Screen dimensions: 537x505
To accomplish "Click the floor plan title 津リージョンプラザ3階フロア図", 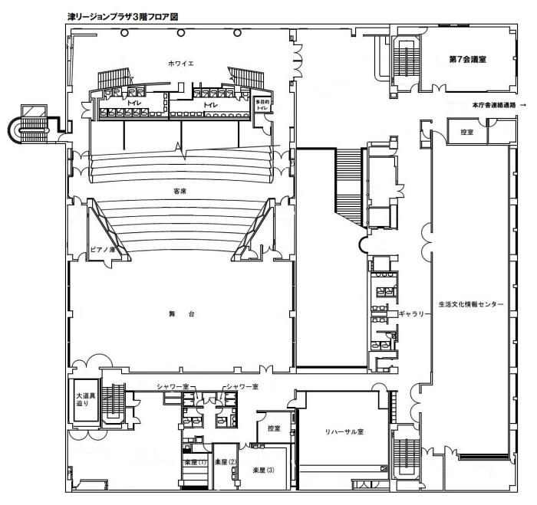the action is tap(123, 17).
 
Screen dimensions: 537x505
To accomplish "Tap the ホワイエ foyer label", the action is tap(181, 64).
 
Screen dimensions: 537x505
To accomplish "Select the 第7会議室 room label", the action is tap(467, 59).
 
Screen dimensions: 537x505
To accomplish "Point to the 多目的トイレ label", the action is tap(262, 105).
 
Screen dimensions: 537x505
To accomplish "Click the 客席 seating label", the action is tap(180, 192).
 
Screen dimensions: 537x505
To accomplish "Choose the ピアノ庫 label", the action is tap(102, 249).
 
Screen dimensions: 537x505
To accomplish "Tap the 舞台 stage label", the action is tap(182, 313).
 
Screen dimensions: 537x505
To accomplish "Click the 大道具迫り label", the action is tap(85, 399).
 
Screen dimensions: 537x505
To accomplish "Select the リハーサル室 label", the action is tap(344, 431).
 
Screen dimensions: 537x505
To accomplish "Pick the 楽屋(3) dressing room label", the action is tap(263, 470).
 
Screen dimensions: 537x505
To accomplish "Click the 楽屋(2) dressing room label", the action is tap(226, 462).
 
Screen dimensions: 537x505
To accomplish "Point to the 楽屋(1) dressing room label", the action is tap(195, 462).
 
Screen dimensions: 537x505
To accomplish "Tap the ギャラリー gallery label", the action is tap(414, 313).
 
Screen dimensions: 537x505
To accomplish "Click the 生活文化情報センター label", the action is tap(471, 303).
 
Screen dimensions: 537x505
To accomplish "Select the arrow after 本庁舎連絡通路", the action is tap(522, 105).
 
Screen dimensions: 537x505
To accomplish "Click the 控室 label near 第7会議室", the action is tap(466, 132).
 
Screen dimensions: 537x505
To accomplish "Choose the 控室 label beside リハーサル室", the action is tap(274, 428).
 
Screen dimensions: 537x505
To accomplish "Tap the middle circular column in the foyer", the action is tap(181, 33).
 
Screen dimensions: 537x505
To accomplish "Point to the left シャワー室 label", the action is tap(173, 387).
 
